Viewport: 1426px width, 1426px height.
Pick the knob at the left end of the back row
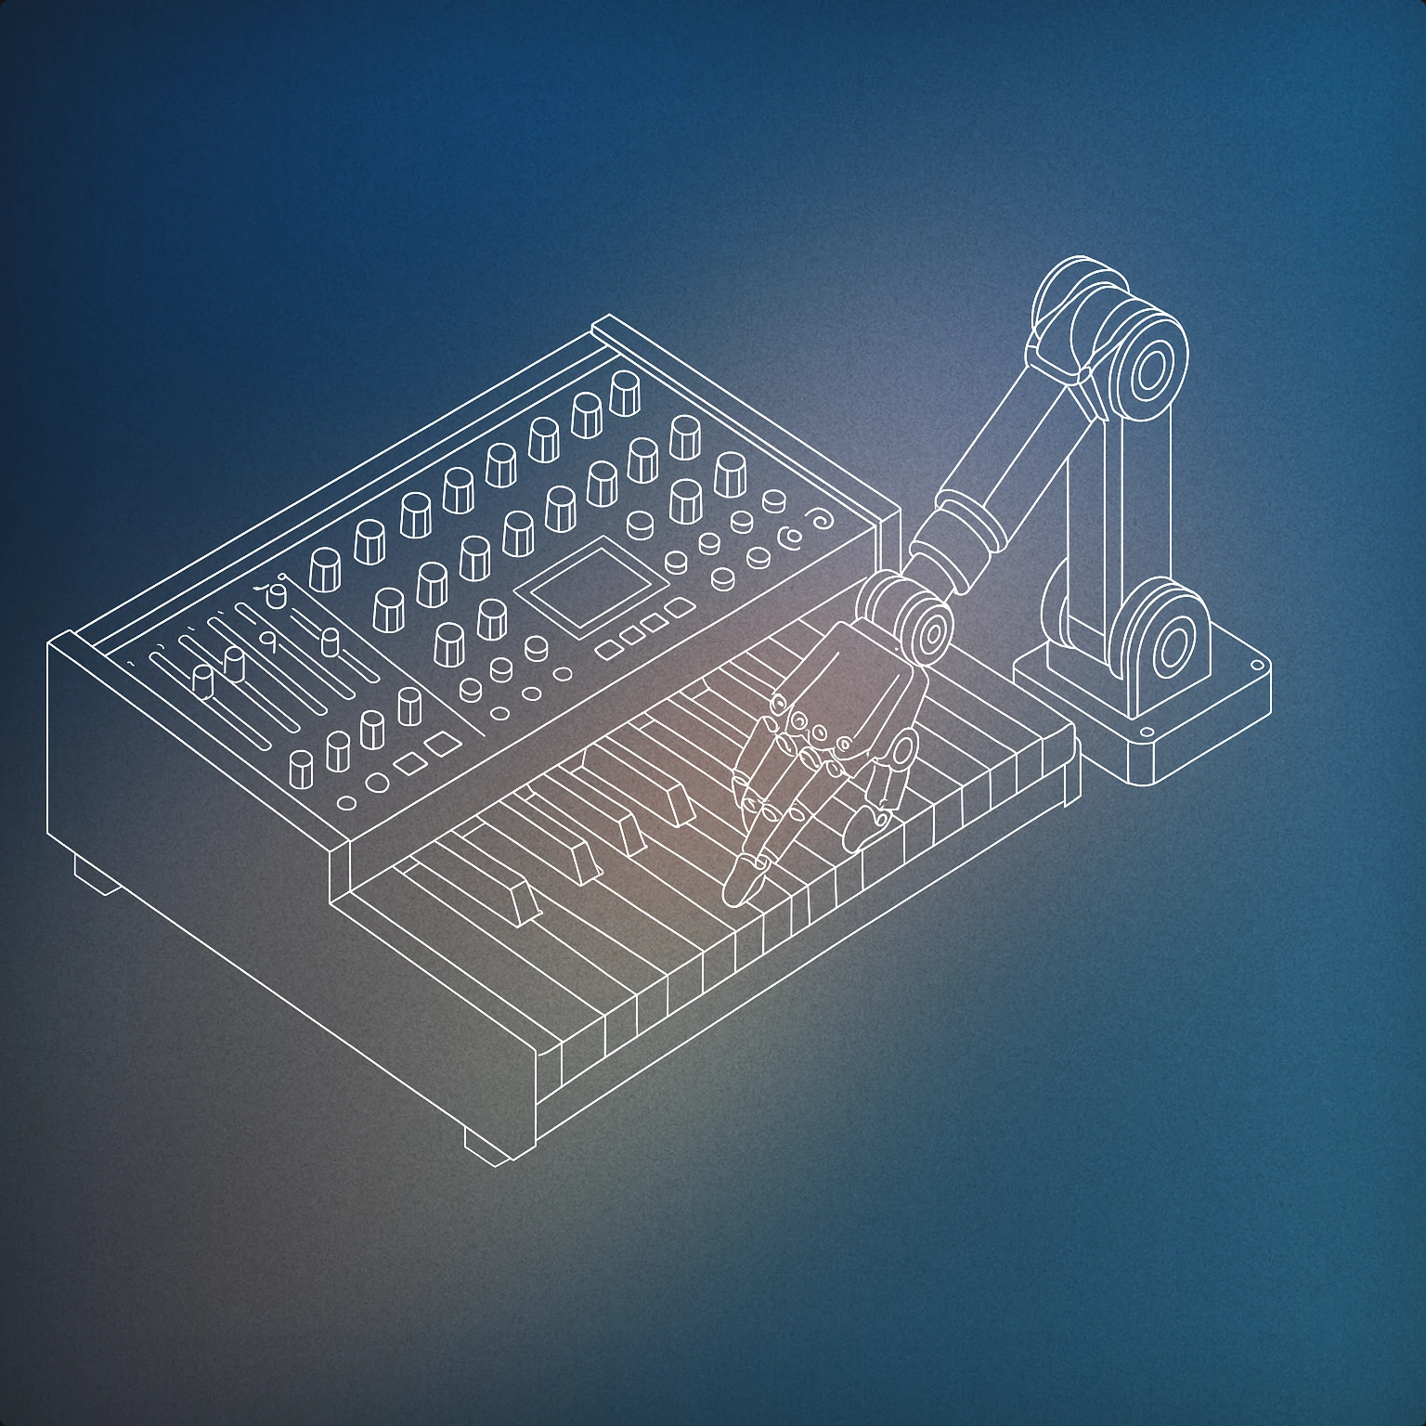[325, 567]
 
